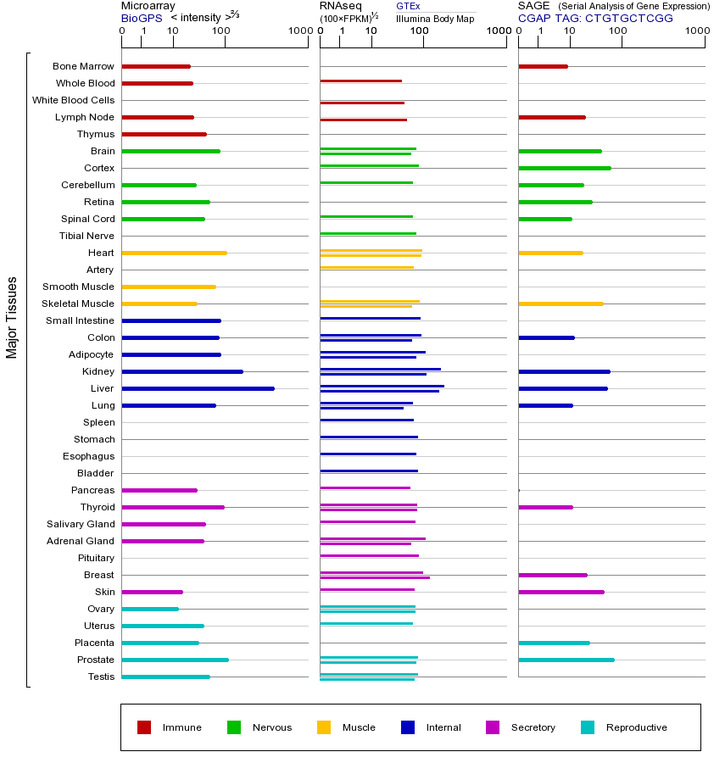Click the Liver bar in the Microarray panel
click(x=198, y=388)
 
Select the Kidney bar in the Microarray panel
click(x=182, y=371)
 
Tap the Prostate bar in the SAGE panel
click(x=566, y=660)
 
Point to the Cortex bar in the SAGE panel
click(x=565, y=168)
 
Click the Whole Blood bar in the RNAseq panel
click(x=361, y=81)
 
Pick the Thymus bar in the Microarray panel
click(x=164, y=134)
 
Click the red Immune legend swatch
click(x=144, y=727)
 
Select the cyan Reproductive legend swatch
click(x=588, y=727)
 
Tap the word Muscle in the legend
click(x=359, y=727)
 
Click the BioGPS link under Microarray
click(x=142, y=18)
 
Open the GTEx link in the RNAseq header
click(x=408, y=6)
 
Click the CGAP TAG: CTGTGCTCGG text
click(x=595, y=18)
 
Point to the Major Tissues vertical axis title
click(x=12, y=318)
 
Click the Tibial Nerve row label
click(x=86, y=236)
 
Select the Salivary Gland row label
click(x=81, y=524)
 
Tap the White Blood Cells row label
click(x=74, y=100)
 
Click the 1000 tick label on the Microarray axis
click(x=300, y=31)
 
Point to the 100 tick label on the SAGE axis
click(x=617, y=31)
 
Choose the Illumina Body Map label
click(x=435, y=19)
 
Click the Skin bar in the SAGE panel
click(x=561, y=593)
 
